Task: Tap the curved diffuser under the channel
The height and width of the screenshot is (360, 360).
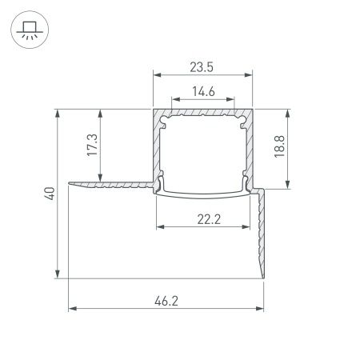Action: coord(204,193)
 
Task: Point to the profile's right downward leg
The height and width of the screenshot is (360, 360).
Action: coord(260,232)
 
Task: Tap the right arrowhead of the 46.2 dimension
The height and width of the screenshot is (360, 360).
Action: coord(262,307)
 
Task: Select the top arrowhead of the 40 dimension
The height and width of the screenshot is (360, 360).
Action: coord(58,111)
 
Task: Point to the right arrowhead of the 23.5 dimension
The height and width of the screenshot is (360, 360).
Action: coord(250,75)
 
